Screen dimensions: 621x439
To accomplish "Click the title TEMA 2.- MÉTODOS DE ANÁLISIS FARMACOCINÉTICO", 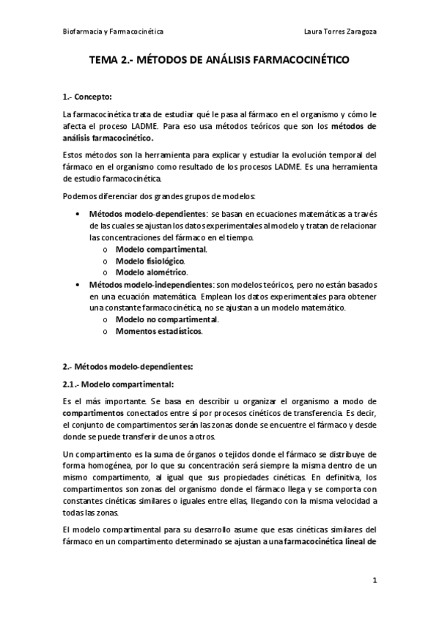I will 219,63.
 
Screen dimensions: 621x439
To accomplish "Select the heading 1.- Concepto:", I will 87,97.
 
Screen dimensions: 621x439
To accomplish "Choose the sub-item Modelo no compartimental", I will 157,319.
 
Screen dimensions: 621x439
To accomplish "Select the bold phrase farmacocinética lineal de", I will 330,543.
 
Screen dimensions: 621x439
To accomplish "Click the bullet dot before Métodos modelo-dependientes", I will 78,212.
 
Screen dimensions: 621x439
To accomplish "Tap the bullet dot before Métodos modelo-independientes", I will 78,284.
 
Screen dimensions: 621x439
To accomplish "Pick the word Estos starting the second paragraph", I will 74,155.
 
